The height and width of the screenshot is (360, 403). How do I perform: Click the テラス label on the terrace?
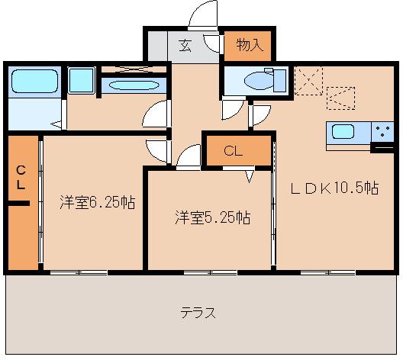tap(198, 313)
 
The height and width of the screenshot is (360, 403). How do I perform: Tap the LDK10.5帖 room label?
tap(334, 188)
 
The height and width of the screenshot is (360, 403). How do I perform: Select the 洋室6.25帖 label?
tap(98, 203)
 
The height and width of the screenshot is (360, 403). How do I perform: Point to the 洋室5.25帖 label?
tap(212, 217)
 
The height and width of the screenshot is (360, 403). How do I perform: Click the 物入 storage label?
tap(249, 45)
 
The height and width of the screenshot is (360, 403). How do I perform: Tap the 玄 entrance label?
tap(185, 45)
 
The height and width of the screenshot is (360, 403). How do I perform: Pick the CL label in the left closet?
tap(21, 177)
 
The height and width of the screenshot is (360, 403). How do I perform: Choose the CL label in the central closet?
tap(234, 151)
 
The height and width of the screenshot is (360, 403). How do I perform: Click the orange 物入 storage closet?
tap(249, 46)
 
